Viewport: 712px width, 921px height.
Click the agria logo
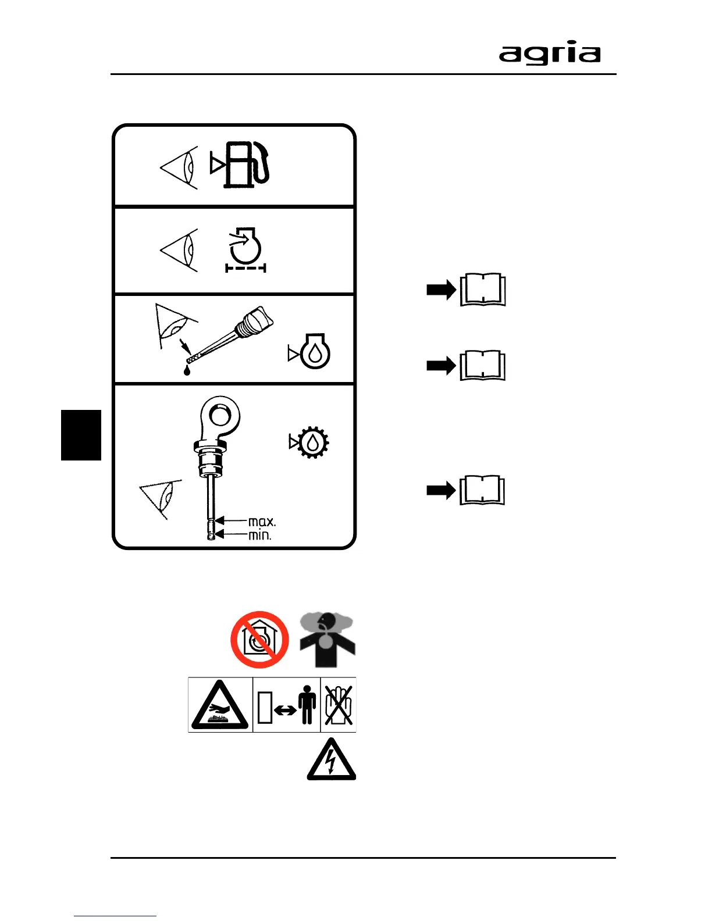[549, 53]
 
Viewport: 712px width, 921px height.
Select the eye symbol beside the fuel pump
[180, 167]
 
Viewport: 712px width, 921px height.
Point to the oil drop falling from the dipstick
[187, 370]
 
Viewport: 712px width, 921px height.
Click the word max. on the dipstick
[262, 522]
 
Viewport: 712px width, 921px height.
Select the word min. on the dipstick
[260, 535]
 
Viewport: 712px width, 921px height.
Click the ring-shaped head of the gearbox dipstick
[219, 416]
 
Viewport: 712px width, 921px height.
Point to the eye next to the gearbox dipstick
[161, 498]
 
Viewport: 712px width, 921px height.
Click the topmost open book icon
[483, 290]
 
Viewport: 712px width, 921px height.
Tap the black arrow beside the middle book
[441, 366]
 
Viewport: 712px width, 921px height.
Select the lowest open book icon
[483, 490]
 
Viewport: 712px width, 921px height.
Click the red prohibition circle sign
[259, 640]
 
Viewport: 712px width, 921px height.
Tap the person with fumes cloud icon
[327, 640]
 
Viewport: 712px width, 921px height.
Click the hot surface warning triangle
[220, 705]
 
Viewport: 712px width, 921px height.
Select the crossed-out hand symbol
[338, 705]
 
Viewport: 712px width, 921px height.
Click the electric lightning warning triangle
[331, 761]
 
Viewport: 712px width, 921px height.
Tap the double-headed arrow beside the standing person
[285, 710]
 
